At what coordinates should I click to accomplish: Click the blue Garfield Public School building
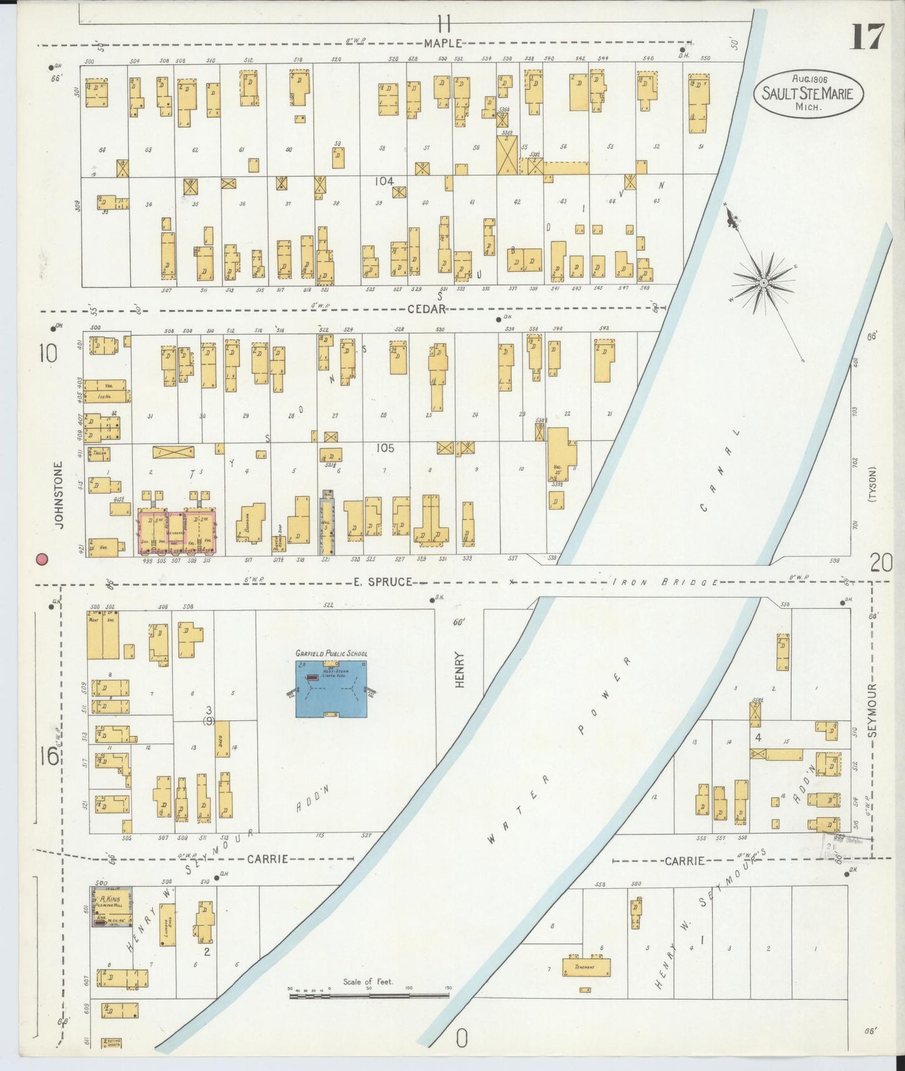(331, 688)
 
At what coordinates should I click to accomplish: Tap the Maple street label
(443, 43)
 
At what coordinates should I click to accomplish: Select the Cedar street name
(427, 309)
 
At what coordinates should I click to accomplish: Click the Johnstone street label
(59, 495)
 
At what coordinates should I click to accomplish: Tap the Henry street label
(460, 670)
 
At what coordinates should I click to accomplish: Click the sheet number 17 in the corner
(867, 37)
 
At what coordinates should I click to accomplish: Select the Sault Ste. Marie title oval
(809, 94)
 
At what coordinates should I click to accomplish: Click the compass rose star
(763, 284)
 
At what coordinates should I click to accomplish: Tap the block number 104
(384, 181)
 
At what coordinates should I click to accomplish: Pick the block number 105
(385, 448)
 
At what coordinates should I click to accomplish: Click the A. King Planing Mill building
(111, 906)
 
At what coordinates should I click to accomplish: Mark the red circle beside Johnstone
(43, 559)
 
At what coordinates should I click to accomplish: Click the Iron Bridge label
(665, 582)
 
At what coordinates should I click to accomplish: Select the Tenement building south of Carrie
(586, 967)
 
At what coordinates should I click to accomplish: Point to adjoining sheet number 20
(881, 564)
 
